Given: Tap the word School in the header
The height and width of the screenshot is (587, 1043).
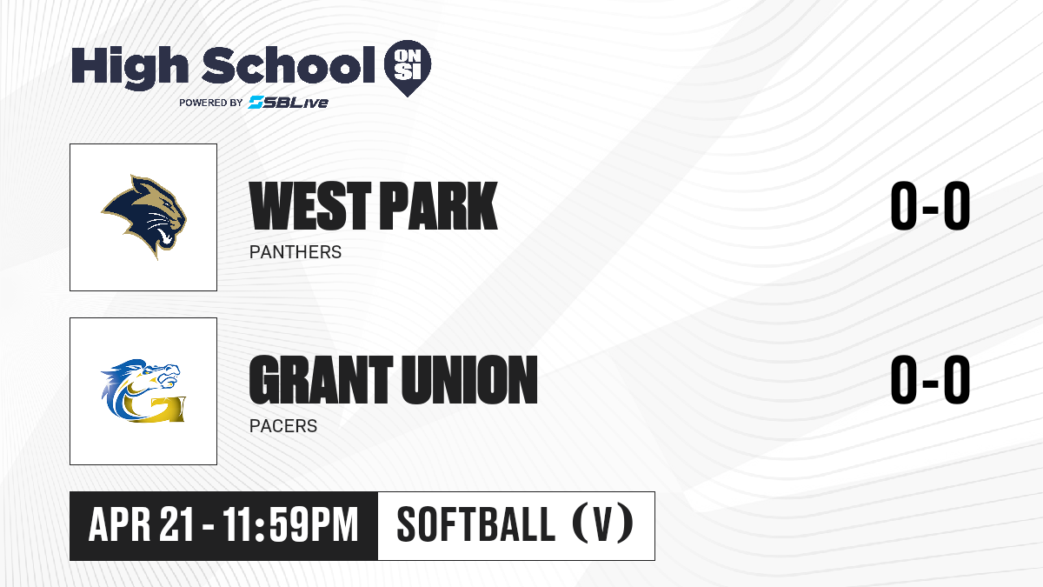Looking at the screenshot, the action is (x=289, y=64).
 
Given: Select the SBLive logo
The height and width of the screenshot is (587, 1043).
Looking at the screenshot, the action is (x=289, y=103).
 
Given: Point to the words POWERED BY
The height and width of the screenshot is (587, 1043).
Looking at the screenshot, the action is (x=211, y=103).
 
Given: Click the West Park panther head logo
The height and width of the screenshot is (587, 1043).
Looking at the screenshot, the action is (x=144, y=217).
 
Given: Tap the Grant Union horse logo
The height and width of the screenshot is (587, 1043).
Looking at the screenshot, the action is (x=143, y=390).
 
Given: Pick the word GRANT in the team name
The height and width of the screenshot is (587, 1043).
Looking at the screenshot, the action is (x=321, y=380).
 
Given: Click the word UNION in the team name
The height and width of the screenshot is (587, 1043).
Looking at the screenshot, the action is (x=469, y=380).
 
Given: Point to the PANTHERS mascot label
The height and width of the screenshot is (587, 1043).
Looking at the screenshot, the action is (x=296, y=252).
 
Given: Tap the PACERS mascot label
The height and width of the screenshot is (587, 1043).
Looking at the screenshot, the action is (x=283, y=426).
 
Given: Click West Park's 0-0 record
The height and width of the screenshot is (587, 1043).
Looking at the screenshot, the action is (x=930, y=206).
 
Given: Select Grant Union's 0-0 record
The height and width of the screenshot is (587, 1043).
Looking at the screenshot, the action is (x=930, y=380).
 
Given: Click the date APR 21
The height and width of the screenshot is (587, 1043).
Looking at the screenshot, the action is (x=141, y=524).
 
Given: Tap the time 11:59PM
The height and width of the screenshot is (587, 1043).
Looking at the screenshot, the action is (x=290, y=524).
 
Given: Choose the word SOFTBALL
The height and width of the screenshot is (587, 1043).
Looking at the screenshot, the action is (x=476, y=524).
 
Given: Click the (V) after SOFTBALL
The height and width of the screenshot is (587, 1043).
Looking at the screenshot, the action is (x=602, y=524).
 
